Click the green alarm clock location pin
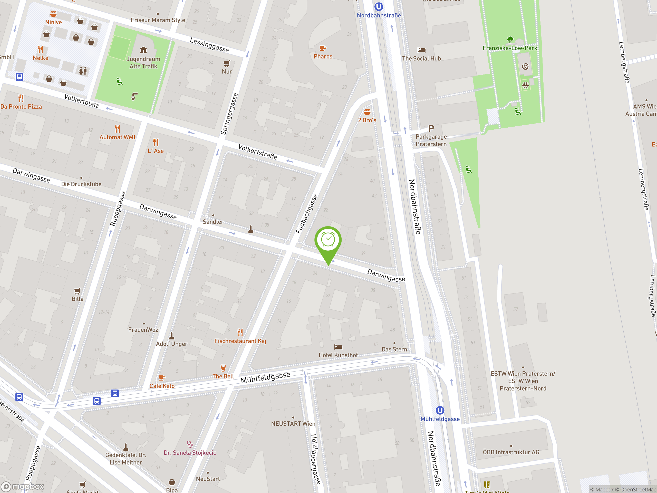pyautogui.click(x=328, y=240)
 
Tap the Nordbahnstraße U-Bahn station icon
pyautogui.click(x=378, y=6)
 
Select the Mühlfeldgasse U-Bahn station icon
pyautogui.click(x=440, y=410)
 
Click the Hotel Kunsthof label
pyautogui.click(x=338, y=355)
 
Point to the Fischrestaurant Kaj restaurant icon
pyautogui.click(x=240, y=332)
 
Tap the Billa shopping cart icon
pyautogui.click(x=77, y=291)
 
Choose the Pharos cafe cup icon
pyautogui.click(x=323, y=48)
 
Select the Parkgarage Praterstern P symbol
pyautogui.click(x=431, y=128)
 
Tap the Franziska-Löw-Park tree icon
pyautogui.click(x=510, y=40)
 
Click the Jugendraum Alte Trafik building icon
pyautogui.click(x=143, y=50)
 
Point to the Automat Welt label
pyautogui.click(x=117, y=137)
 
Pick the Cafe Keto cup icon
pyautogui.click(x=162, y=378)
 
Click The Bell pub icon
pyautogui.click(x=223, y=368)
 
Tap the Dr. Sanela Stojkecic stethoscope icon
pyautogui.click(x=190, y=444)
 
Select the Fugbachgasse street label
pyautogui.click(x=306, y=214)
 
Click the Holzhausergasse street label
pyautogui.click(x=315, y=459)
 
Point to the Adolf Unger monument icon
pyautogui.click(x=172, y=336)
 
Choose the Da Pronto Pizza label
pyautogui.click(x=21, y=107)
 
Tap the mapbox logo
pyautogui.click(x=23, y=487)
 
